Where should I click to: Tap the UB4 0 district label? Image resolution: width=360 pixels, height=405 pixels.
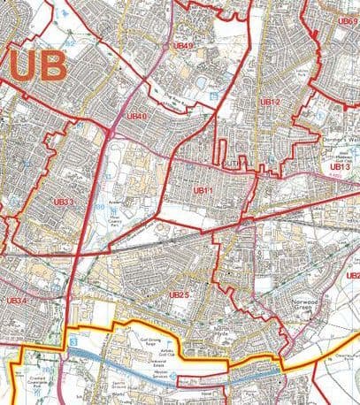137,115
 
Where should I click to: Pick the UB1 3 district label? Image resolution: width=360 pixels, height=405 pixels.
341,165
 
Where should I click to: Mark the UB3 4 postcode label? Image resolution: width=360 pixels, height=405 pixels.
17,301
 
